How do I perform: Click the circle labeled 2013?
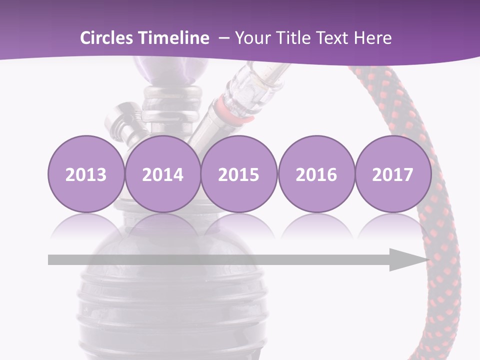(86, 174)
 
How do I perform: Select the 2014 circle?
(162, 174)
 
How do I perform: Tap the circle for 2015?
(239, 174)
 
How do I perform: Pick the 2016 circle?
(316, 174)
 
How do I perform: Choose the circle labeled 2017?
(392, 174)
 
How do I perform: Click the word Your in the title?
(252, 38)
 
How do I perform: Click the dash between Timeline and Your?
(224, 38)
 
